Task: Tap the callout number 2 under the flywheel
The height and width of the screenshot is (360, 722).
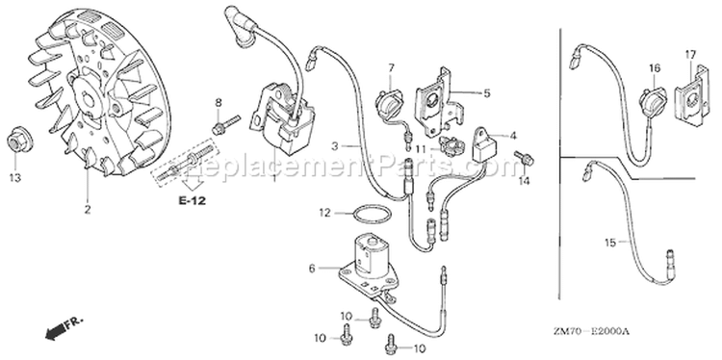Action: coord(88,210)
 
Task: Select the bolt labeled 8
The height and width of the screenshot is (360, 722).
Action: coord(225,124)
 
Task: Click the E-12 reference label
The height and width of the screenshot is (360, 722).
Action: coord(193,201)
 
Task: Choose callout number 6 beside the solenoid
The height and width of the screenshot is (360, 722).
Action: coord(312,269)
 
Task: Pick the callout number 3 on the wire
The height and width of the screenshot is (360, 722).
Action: coord(335,146)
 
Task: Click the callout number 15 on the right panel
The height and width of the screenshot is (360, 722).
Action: coord(610,243)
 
